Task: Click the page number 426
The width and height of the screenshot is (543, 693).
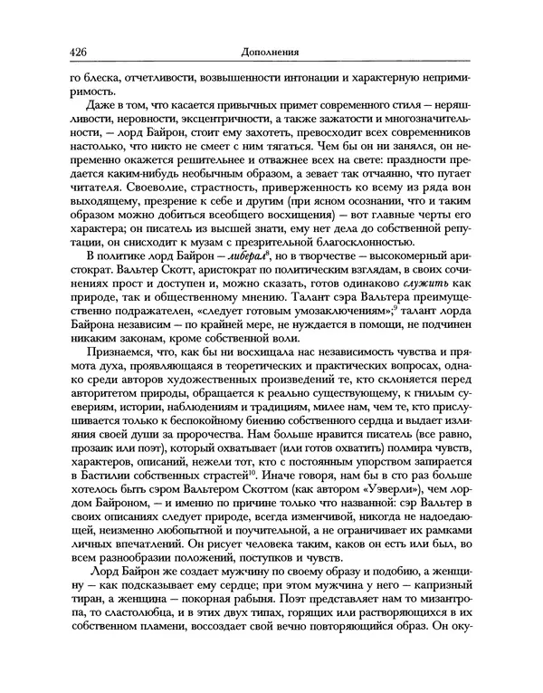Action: point(79,52)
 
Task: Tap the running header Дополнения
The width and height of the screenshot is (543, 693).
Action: point(271,52)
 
